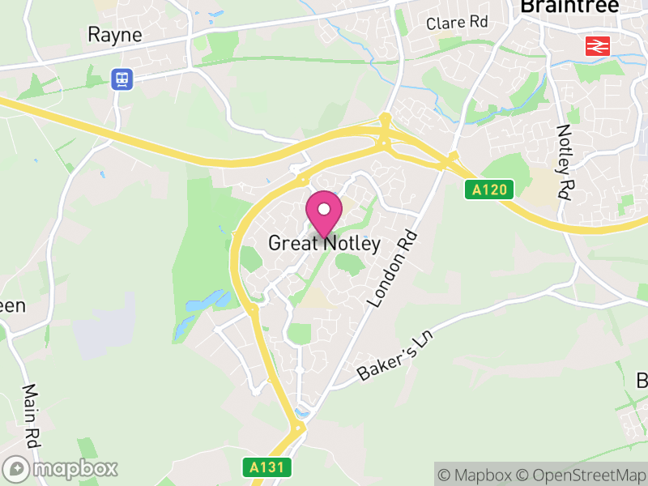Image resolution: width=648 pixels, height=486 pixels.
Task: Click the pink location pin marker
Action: [324, 215]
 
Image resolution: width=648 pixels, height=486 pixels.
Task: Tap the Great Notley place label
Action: [324, 243]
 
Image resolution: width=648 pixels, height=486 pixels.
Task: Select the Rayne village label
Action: [114, 35]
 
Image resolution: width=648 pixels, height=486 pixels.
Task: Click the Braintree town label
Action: [569, 6]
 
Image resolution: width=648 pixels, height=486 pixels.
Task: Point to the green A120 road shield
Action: [490, 190]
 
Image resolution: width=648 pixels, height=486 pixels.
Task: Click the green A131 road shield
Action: [266, 467]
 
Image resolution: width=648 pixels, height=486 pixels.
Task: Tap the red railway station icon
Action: [597, 46]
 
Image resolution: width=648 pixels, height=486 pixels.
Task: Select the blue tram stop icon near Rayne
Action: [122, 79]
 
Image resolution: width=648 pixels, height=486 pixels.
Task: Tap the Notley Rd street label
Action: [564, 162]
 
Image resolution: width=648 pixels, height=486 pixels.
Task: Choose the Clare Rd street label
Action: [458, 23]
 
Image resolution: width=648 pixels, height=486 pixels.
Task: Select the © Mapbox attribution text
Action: [476, 475]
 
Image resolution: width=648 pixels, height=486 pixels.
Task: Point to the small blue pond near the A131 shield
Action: [302, 414]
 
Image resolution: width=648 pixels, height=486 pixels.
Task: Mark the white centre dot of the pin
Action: [324, 209]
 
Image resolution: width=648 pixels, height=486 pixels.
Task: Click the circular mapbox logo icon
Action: [17, 469]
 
